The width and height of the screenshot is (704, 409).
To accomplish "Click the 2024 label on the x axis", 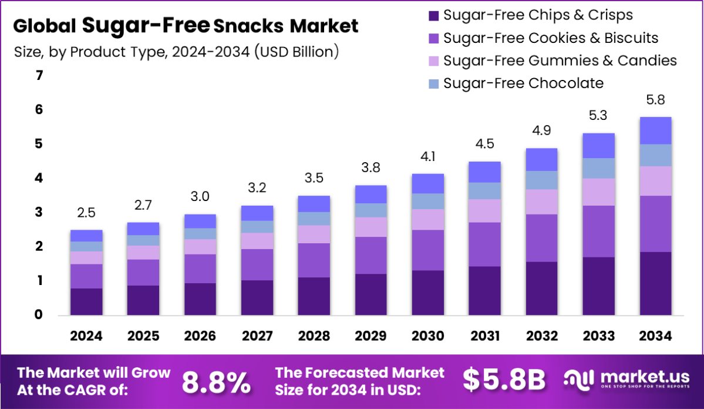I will point(86,336).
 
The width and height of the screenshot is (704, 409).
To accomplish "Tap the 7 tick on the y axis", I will point(39,76).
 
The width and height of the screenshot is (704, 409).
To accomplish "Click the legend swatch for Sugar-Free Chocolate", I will point(434,83).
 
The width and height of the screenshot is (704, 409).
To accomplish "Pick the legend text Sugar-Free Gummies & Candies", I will point(560,61).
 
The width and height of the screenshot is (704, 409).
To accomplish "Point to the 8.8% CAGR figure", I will point(216,381).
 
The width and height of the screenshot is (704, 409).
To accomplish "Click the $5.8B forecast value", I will point(504,380).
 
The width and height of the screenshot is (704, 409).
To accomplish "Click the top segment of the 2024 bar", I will point(86,236).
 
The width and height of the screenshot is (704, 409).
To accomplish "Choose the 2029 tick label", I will point(370,336).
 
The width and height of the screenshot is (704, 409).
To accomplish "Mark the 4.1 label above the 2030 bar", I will point(427,157).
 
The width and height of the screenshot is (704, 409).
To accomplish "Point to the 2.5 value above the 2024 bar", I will point(86,213).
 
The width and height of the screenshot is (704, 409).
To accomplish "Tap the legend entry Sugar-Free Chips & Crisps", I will point(538,15).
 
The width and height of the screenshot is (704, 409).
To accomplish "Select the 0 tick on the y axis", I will point(39,315).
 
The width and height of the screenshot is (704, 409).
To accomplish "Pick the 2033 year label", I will point(599,336).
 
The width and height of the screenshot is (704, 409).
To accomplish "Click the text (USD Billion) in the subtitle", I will point(297,52).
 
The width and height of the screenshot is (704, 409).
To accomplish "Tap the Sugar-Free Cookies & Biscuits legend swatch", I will point(434,38).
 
